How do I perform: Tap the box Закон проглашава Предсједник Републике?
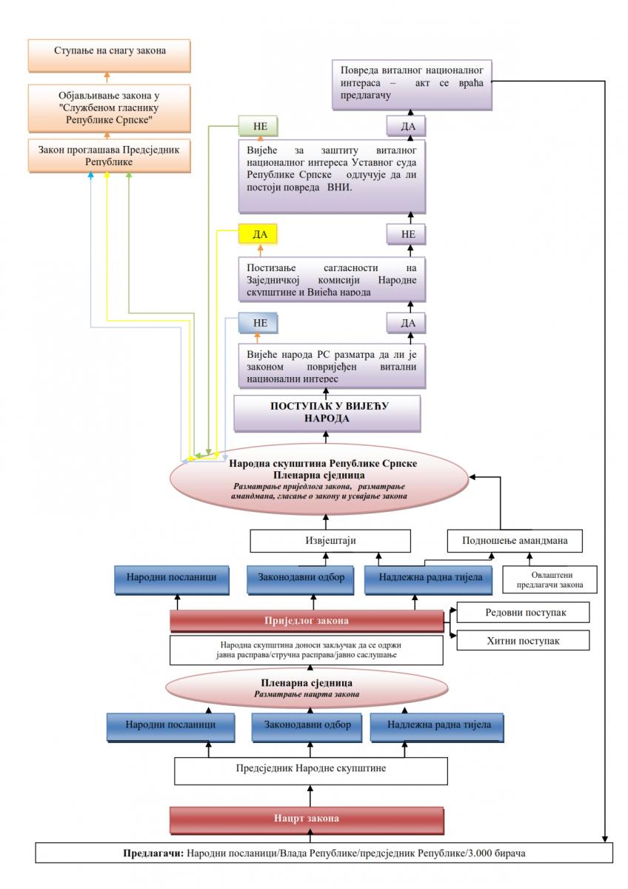(x=108, y=154)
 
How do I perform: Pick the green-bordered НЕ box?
(x=258, y=127)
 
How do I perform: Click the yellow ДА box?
(x=258, y=235)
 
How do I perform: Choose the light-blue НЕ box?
(x=258, y=324)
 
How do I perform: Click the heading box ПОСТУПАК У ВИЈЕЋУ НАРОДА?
(x=327, y=413)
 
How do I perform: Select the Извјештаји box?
(x=330, y=540)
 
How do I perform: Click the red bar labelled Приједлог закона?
(x=307, y=621)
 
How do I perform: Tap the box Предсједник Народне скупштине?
(x=310, y=769)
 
